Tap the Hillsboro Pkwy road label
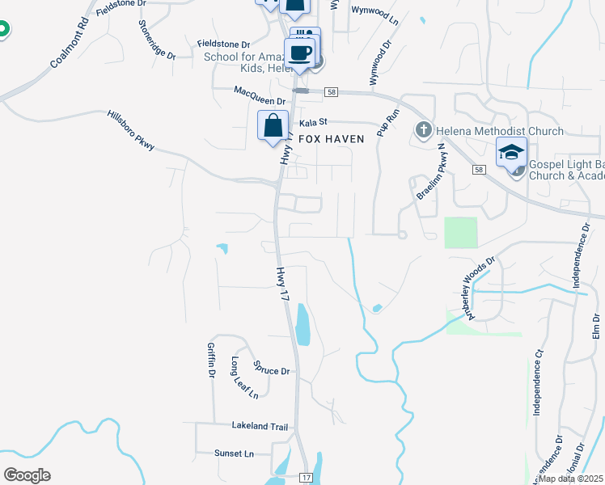[x=130, y=129]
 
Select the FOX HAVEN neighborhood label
[x=332, y=139]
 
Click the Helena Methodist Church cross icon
[x=423, y=130]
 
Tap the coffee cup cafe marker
[x=300, y=53]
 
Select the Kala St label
[x=312, y=123]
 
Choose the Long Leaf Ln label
[x=245, y=377]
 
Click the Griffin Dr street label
[x=210, y=360]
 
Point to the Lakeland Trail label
[x=260, y=426]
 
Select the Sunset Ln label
[x=234, y=453]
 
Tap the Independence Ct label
[x=536, y=382]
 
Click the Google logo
[x=27, y=475]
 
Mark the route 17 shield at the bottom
[x=305, y=478]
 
